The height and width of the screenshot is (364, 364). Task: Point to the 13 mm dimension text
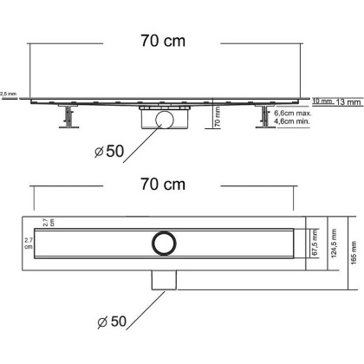coord(348,101)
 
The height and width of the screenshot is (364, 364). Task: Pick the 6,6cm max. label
coord(294,114)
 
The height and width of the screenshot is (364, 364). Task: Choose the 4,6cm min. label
coord(294,124)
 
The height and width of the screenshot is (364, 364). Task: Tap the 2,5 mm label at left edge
coord(8,93)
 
